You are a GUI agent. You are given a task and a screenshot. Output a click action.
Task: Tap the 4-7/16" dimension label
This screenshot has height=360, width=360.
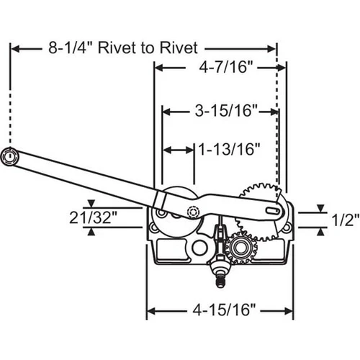coord(226,67)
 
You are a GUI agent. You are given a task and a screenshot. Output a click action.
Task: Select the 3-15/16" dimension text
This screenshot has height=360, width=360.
coord(226,111)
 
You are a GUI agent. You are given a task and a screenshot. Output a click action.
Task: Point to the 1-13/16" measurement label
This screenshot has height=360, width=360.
coord(230,149)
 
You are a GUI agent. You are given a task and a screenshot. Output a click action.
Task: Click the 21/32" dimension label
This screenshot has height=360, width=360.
coord(93,218)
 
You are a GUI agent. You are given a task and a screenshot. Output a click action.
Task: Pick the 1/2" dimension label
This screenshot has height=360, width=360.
coord(346,220)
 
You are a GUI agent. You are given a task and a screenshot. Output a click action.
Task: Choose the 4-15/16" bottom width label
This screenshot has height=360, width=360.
coord(224,310)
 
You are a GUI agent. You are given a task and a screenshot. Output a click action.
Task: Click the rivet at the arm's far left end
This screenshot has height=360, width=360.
coord(10,156)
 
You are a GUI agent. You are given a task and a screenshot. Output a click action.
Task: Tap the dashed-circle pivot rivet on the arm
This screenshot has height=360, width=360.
coord(193,212)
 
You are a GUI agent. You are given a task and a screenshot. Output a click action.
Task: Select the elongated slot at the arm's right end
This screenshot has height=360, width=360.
coord(273,210)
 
